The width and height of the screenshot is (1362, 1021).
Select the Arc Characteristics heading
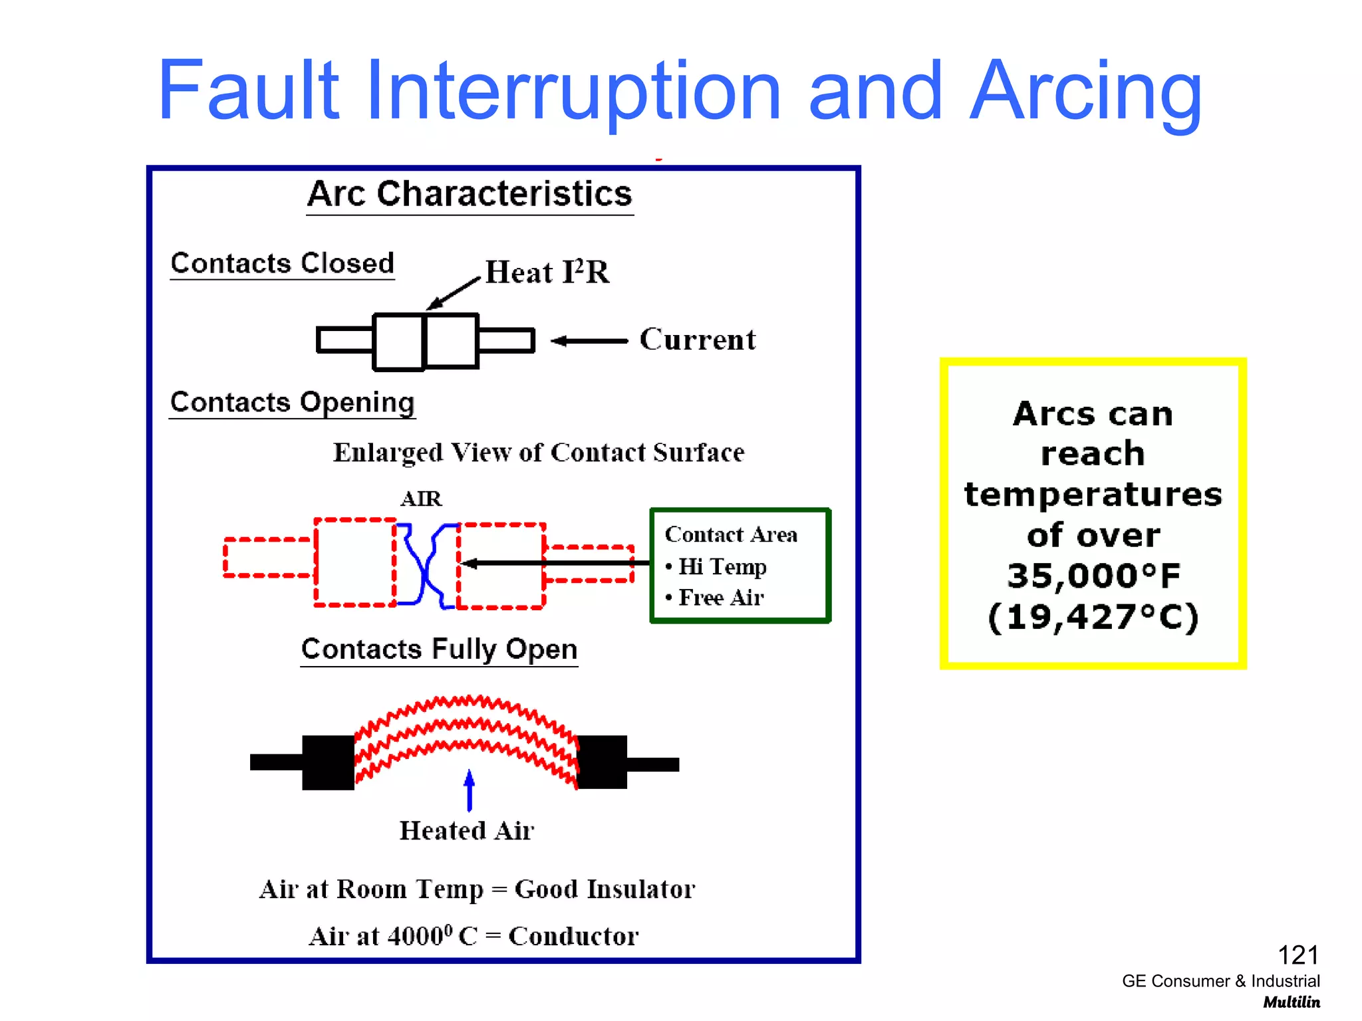pyautogui.click(x=470, y=194)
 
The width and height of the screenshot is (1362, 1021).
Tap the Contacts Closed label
pyautogui.click(x=282, y=263)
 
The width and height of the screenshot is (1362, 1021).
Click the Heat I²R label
pyautogui.click(x=547, y=272)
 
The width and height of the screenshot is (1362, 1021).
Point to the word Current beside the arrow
pyautogui.click(x=697, y=340)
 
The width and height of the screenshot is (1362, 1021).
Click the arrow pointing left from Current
pyautogui.click(x=589, y=341)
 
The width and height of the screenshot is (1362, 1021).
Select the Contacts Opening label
pyautogui.click(x=292, y=402)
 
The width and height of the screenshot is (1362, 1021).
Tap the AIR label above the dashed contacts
pyautogui.click(x=421, y=499)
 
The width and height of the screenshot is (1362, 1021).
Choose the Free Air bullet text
pyautogui.click(x=721, y=598)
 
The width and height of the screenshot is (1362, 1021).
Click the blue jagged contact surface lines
pyautogui.click(x=426, y=565)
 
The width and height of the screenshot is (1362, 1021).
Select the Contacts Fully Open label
pyautogui.click(x=439, y=649)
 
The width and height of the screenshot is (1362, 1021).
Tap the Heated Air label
pyautogui.click(x=466, y=831)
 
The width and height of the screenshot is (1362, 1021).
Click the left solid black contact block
pyautogui.click(x=328, y=762)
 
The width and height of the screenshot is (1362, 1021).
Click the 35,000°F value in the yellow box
pyautogui.click(x=1093, y=576)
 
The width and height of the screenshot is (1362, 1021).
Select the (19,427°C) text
pyautogui.click(x=1093, y=617)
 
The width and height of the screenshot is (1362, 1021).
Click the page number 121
pyautogui.click(x=1297, y=955)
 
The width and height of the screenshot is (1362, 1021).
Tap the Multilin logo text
pyautogui.click(x=1291, y=1002)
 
